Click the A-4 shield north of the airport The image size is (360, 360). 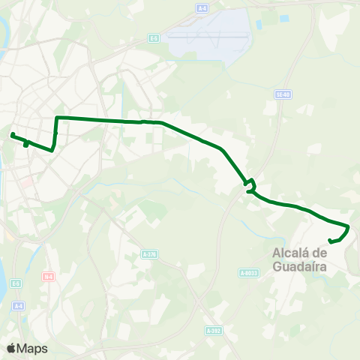(202, 7)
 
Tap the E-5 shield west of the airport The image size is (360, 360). (154, 38)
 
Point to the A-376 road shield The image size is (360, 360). (149, 254)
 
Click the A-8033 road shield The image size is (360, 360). (249, 272)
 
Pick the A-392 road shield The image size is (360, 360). (214, 329)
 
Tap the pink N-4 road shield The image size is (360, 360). (48, 277)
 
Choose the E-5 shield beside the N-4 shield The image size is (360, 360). (16, 283)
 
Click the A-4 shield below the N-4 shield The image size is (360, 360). (19, 305)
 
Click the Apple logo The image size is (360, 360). (11, 348)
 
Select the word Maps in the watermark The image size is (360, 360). (32, 348)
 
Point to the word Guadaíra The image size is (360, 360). (299, 265)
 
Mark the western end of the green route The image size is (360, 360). (12, 135)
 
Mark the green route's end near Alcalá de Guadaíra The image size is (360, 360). (331, 241)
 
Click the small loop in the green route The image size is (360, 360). (250, 182)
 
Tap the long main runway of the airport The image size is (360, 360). (207, 35)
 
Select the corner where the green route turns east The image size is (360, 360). (57, 118)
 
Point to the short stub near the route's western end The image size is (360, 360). (25, 144)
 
